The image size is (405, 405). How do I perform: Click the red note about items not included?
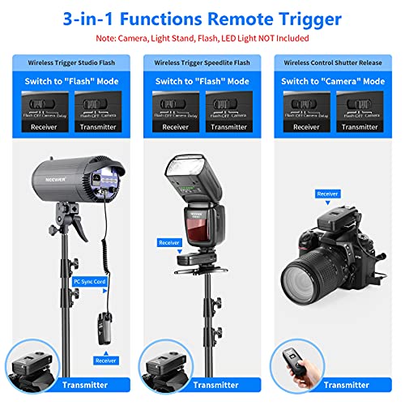tap(202, 37)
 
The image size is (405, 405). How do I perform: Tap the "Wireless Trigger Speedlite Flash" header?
tap(202, 62)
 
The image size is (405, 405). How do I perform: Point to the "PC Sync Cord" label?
tap(88, 281)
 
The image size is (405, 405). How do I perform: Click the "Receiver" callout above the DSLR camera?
tap(327, 194)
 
